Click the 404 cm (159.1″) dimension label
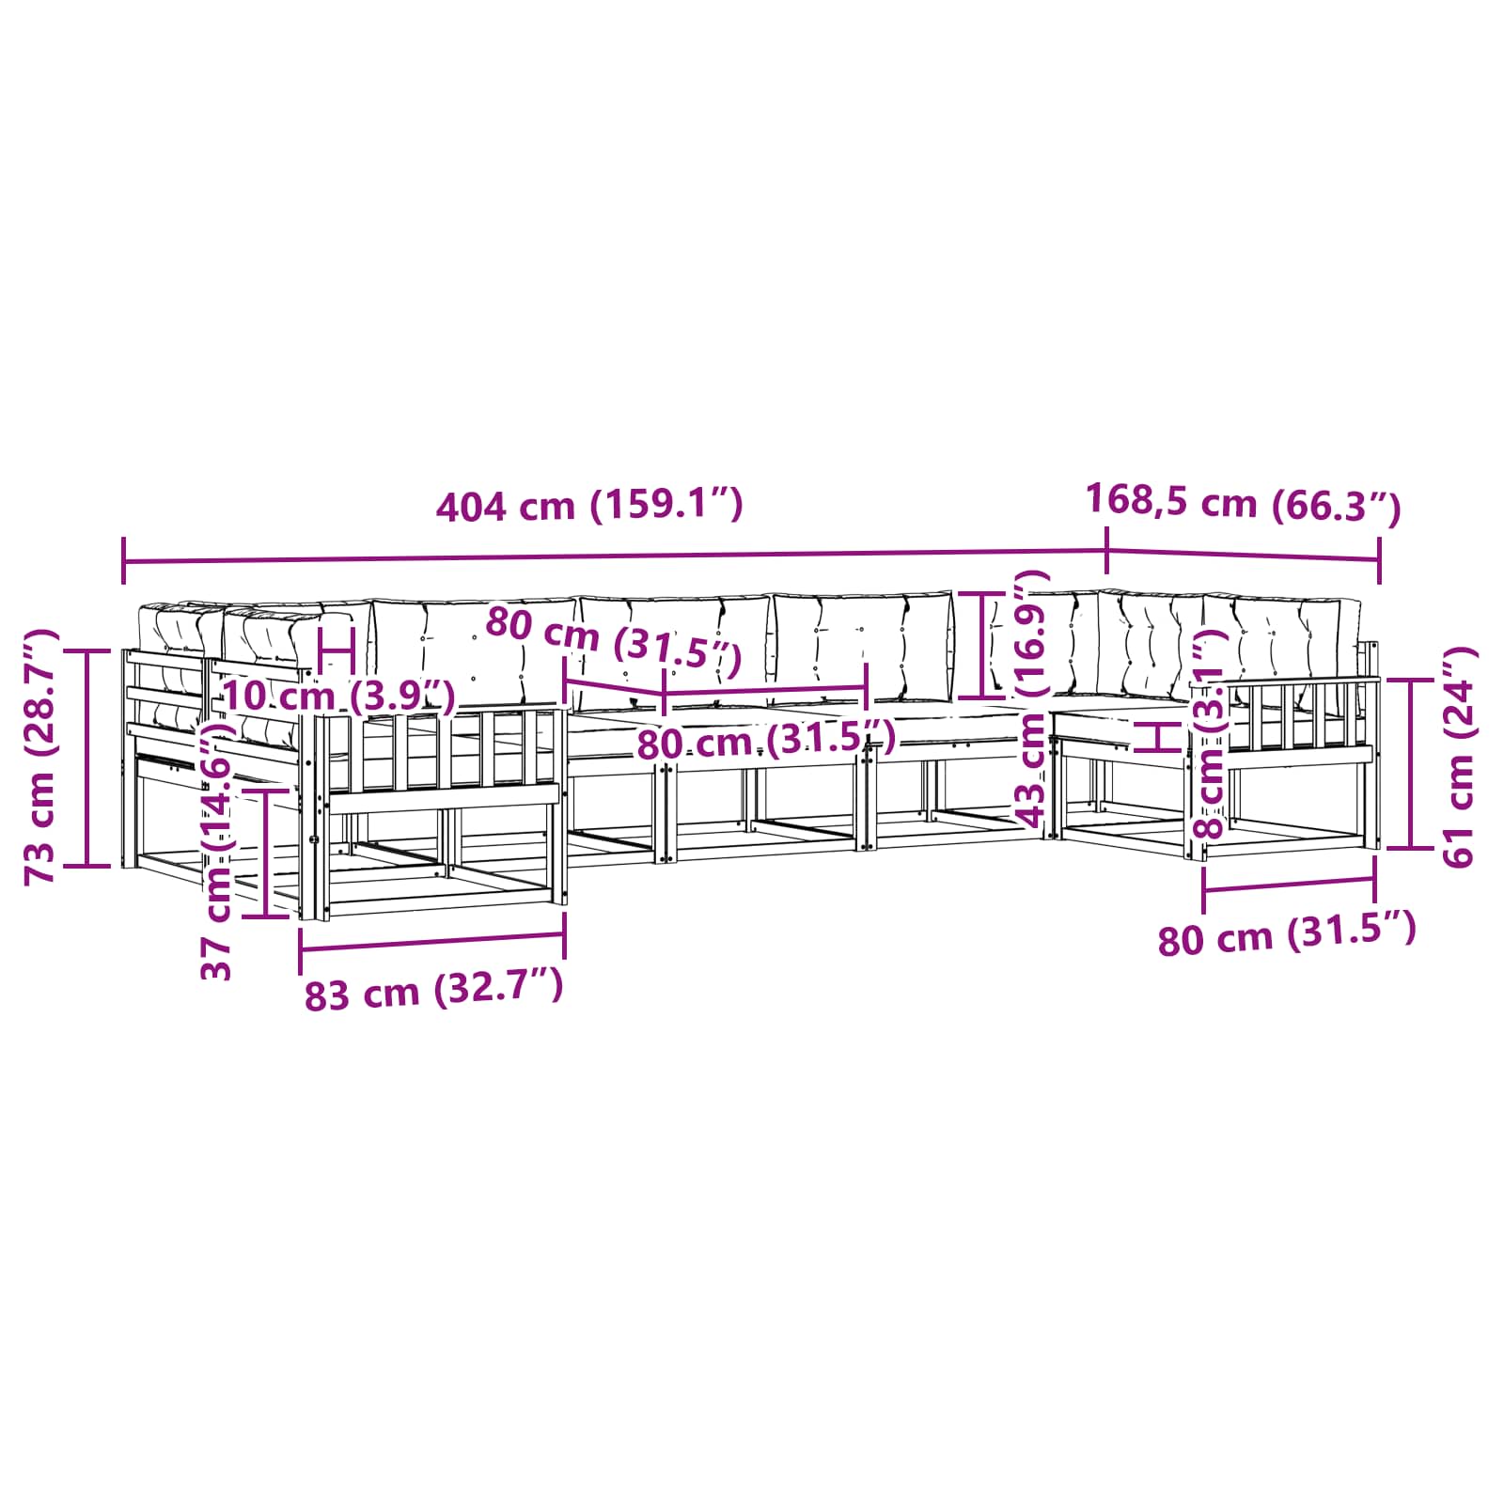pyautogui.click(x=589, y=507)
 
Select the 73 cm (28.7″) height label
pyautogui.click(x=41, y=757)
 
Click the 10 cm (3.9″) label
pyautogui.click(x=338, y=697)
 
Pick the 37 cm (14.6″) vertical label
pyautogui.click(x=217, y=852)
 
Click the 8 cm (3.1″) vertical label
pyautogui.click(x=1209, y=733)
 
